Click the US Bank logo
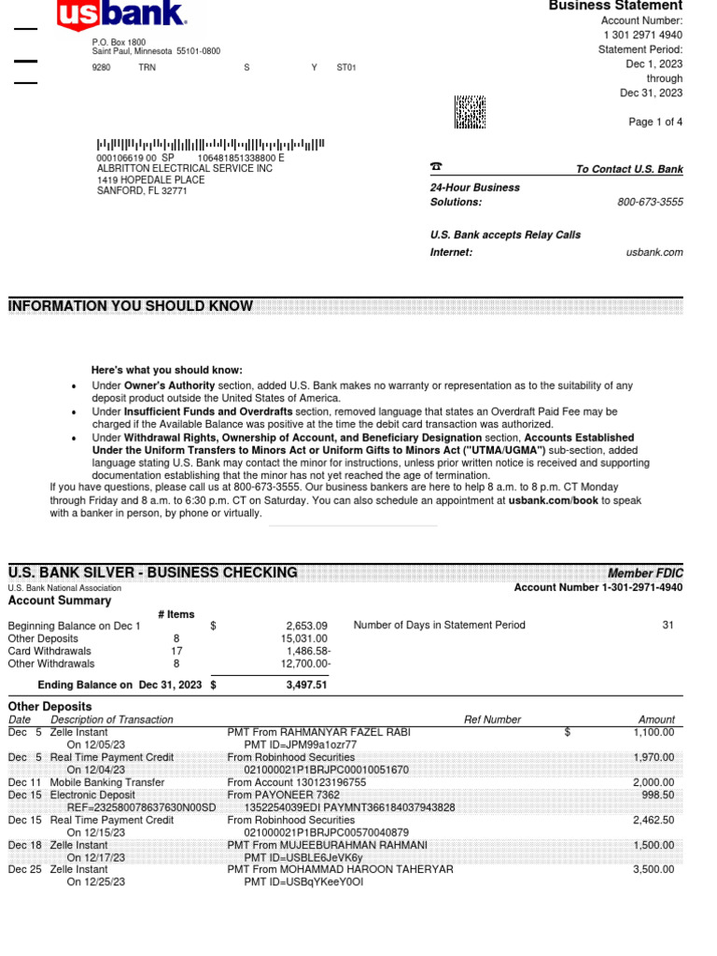pos(121,15)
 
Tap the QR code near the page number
pos(470,112)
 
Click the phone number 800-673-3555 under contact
pos(650,203)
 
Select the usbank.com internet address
pos(654,253)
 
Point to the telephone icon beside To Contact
pos(435,167)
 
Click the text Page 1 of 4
pos(655,123)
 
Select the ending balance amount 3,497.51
pos(306,685)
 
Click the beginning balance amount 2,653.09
pos(306,626)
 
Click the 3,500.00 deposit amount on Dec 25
pos(654,869)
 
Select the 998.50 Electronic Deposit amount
pos(657,794)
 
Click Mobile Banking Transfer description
pos(107,782)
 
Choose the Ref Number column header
pos(492,720)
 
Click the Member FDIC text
pos(645,573)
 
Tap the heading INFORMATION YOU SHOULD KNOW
pos(130,306)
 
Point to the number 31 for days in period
pos(668,626)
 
